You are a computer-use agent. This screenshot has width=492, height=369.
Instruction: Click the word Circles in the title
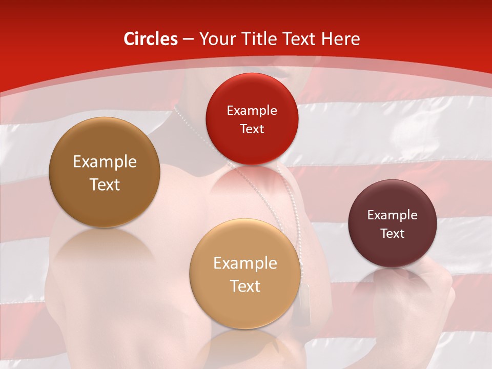click(x=150, y=39)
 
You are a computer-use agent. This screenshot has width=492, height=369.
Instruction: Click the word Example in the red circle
click(x=252, y=110)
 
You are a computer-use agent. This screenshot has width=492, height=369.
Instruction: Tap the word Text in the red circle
click(x=252, y=129)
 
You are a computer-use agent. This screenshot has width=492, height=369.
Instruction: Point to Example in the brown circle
click(x=105, y=162)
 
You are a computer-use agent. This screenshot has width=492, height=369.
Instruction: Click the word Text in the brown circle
click(x=105, y=184)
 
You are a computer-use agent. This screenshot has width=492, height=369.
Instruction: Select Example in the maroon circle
click(x=392, y=215)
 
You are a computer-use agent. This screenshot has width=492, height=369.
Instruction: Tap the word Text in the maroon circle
click(x=392, y=233)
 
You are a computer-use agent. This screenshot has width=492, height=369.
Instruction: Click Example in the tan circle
click(x=245, y=263)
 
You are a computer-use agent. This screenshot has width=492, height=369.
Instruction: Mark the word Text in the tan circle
click(x=245, y=286)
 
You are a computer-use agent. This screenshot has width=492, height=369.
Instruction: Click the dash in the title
click(x=188, y=39)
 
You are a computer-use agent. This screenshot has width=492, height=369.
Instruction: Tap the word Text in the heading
click(x=296, y=39)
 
